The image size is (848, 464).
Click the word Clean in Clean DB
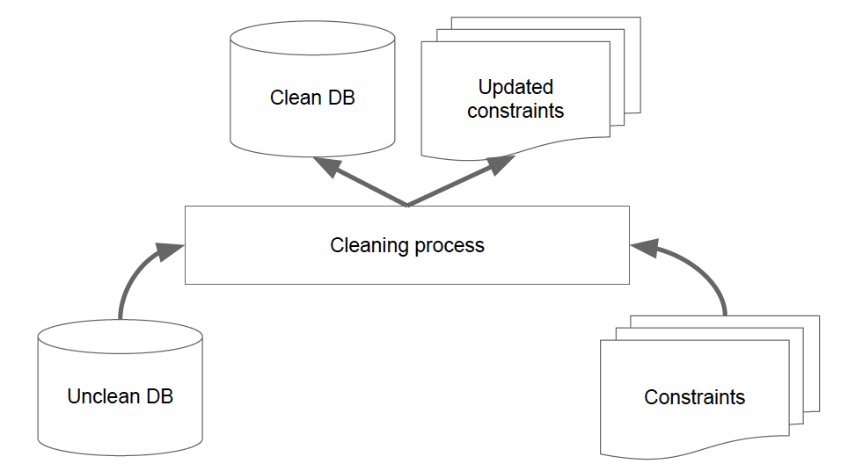coord(296,98)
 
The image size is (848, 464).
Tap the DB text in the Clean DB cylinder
coord(341,98)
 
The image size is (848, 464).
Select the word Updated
coord(515,87)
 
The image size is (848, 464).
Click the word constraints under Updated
coord(515,111)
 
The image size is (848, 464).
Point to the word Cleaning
coord(369,246)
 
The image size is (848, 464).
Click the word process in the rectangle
coord(450,246)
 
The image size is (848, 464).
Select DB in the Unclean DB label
coord(159,396)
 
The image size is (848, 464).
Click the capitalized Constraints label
coord(694,397)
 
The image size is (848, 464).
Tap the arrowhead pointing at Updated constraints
coord(501,164)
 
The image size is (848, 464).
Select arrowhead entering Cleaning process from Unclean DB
coord(169,251)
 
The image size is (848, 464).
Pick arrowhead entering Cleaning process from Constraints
coord(645,249)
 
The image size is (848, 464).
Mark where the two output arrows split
coord(407,206)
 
